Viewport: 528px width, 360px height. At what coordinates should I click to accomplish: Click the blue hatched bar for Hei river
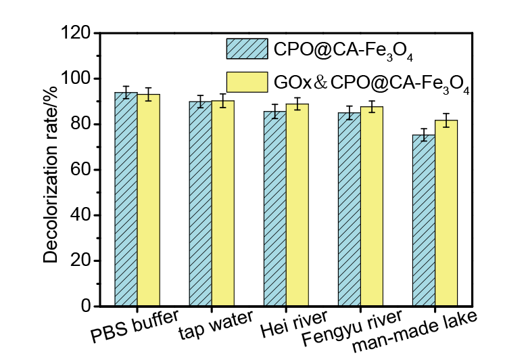(274, 209)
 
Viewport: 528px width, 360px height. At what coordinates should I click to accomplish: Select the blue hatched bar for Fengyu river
(349, 210)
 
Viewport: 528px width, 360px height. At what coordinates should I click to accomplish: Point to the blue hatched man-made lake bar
(423, 221)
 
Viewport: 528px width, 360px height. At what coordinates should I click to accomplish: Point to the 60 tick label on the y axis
(82, 170)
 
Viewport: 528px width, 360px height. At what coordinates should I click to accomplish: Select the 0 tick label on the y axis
(87, 307)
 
